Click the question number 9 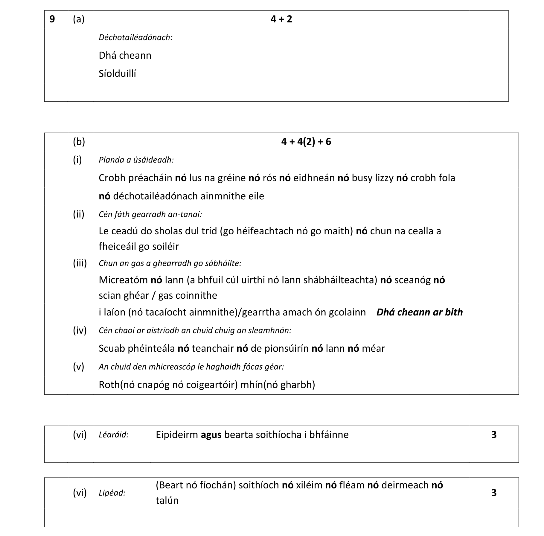52,19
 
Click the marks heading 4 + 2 281,19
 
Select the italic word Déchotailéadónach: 135,37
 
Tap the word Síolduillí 117,74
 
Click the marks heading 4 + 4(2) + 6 306,142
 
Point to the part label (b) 79,142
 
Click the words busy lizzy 372,178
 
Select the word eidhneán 314,178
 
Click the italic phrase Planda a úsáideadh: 136,160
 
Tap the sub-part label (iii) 80,263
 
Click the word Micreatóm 123,280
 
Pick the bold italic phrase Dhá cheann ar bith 419,312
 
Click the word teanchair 213,348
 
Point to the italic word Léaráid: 114,435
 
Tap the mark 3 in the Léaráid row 494,435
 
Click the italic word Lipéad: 112,493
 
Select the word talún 167,500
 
